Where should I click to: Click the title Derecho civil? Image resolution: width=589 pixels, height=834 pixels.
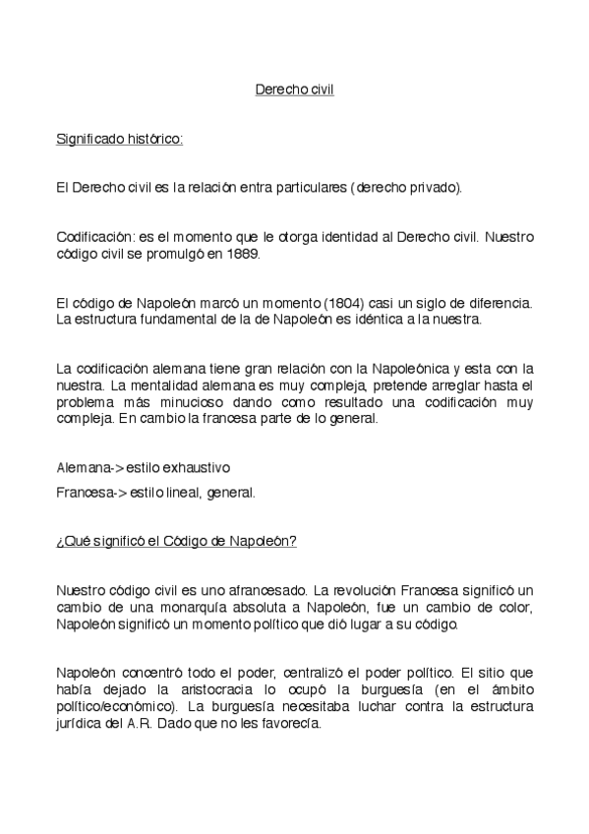pos(294,89)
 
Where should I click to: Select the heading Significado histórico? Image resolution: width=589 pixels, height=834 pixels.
pos(120,139)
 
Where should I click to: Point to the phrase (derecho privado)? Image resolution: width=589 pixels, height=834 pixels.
pos(405,187)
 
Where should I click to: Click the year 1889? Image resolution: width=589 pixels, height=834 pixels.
pos(241,254)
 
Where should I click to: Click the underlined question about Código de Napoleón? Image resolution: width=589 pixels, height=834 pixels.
pos(176,542)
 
